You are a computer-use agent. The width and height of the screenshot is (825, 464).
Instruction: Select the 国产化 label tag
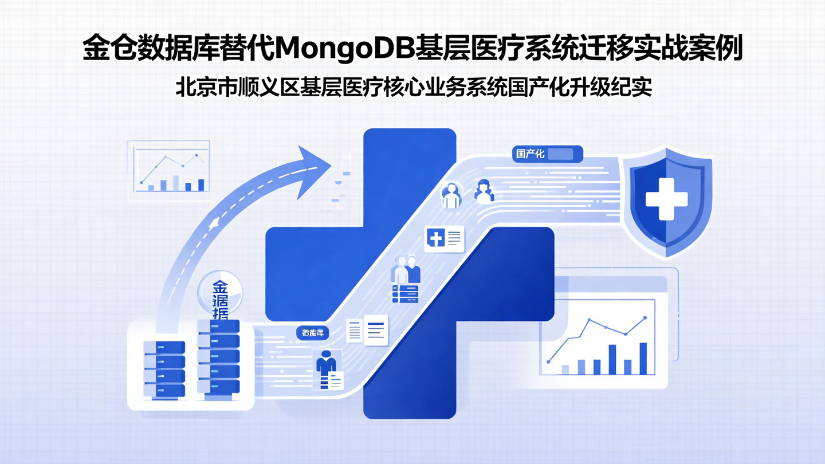coord(530,154)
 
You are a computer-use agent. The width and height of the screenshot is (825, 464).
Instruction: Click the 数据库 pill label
coord(313,333)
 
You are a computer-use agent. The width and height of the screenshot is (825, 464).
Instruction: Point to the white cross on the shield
coord(666,199)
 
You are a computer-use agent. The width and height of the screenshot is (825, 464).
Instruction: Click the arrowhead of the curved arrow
coord(314,170)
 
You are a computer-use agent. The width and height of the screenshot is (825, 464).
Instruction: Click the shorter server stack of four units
coord(164,369)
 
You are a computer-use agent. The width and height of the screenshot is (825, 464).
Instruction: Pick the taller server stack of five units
coord(218,356)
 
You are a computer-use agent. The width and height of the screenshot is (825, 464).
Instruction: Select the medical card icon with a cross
coord(444,238)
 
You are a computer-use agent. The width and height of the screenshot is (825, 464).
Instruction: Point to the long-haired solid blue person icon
coord(484,191)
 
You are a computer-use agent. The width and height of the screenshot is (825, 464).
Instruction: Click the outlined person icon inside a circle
coord(451,195)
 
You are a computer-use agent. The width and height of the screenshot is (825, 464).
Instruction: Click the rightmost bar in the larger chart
coord(643,358)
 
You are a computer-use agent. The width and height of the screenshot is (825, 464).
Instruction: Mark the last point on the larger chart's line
coord(645,317)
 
